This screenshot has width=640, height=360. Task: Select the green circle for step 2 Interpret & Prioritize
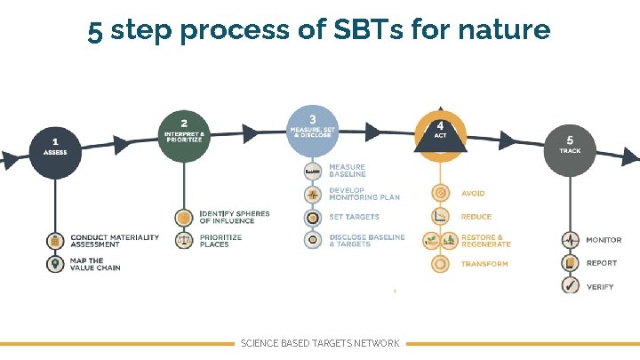(184, 134)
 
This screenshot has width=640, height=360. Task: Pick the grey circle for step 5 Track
(569, 146)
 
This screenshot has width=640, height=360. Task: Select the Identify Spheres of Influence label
(234, 217)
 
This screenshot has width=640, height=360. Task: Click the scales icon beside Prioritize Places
(184, 240)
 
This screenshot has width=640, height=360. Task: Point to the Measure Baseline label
(347, 171)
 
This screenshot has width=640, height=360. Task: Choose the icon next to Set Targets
(312, 217)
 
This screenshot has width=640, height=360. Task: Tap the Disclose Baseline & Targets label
(366, 240)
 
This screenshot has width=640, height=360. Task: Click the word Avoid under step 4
(473, 193)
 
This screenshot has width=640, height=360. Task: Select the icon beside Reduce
(439, 217)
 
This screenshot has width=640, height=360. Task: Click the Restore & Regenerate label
(485, 240)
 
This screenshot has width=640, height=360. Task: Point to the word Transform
(484, 264)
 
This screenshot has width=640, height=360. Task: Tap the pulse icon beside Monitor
(569, 240)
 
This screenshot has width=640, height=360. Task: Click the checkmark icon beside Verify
(569, 286)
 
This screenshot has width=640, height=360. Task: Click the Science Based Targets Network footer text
(320, 343)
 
